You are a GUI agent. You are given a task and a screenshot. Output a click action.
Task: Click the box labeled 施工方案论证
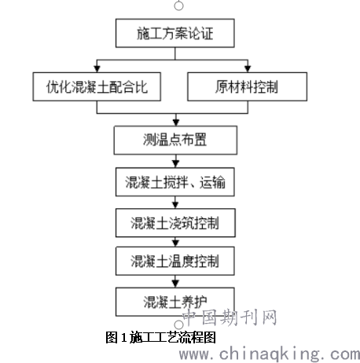(175, 33)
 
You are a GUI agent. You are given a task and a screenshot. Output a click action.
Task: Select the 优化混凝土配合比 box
(97, 86)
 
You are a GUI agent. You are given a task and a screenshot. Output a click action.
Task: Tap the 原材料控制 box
(247, 86)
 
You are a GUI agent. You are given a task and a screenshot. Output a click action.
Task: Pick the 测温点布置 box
(175, 140)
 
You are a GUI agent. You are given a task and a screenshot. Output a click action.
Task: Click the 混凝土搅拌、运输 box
(175, 182)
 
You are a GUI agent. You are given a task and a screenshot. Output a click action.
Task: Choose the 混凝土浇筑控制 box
(175, 223)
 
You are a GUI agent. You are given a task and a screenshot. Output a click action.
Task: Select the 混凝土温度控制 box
(175, 261)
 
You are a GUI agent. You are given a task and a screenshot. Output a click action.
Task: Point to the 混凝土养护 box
(175, 302)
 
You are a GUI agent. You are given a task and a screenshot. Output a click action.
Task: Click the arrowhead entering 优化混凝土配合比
(97, 69)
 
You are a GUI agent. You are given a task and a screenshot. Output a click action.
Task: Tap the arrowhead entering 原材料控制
(248, 69)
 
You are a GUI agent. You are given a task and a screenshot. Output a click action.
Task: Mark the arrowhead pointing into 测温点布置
(176, 123)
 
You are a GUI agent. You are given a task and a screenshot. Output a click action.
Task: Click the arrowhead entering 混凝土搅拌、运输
(175, 164)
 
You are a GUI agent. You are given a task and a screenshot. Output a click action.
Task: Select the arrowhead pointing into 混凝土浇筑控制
(175, 205)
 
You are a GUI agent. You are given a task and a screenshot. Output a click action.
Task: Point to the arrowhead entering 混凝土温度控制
(175, 244)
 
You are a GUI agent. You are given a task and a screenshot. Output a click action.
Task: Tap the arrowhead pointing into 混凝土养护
(175, 284)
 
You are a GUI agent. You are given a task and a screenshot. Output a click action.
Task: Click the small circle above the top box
(178, 5)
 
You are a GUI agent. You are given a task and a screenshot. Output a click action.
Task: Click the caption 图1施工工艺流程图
(160, 337)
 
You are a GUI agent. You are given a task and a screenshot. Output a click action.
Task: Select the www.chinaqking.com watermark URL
(270, 354)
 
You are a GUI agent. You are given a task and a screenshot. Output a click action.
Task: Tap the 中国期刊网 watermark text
(230, 317)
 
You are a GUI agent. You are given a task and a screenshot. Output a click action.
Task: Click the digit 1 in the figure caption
(123, 338)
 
